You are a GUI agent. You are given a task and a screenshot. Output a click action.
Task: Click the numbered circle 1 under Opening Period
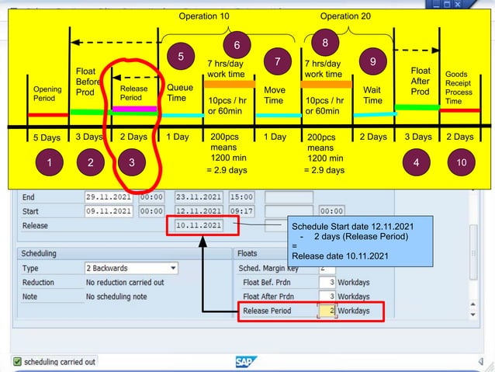(49, 164)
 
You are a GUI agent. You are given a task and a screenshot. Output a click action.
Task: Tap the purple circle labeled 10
(461, 164)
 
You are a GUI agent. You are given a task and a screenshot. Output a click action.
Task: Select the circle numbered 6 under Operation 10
(237, 45)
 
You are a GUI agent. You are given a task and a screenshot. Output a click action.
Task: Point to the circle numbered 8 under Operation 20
(325, 43)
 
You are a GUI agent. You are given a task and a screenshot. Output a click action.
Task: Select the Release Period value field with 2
(327, 311)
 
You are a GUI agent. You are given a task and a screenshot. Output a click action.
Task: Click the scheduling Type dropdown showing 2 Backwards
(130, 269)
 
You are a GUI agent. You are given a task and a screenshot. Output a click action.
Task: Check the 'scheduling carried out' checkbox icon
(17, 362)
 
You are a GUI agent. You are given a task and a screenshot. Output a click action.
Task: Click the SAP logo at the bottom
(247, 362)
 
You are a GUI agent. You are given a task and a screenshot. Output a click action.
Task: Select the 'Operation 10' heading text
(204, 16)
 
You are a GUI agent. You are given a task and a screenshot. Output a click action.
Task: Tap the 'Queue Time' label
(180, 93)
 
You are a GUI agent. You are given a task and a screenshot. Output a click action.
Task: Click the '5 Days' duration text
(47, 137)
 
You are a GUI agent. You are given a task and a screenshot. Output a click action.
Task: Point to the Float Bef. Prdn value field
(327, 282)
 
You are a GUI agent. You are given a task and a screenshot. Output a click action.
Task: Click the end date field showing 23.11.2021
(197, 196)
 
